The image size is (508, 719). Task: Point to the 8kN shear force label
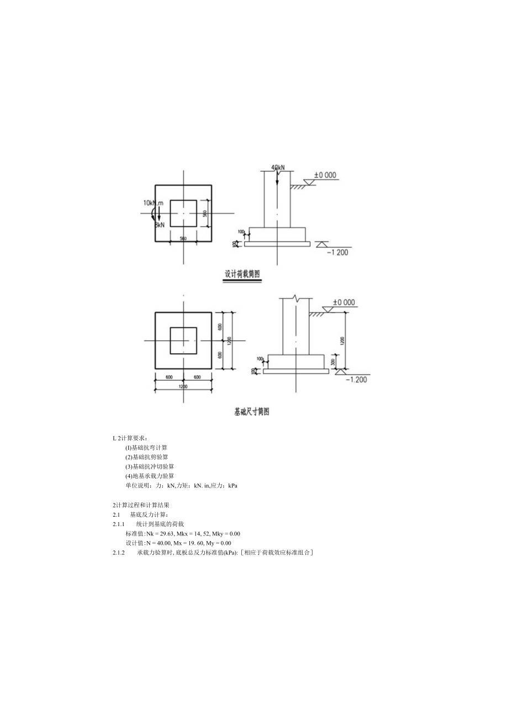[160, 225]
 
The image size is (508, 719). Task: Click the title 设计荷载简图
[242, 274]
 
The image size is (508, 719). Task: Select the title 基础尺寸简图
[252, 412]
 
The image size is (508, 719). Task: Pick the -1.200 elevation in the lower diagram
[357, 379]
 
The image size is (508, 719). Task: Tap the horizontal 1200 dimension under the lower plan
[183, 386]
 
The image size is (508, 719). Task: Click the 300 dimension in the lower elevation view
[334, 362]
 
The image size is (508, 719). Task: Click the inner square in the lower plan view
[183, 340]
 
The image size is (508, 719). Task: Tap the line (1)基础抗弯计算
[146, 447]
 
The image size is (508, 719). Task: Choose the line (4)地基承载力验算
[150, 476]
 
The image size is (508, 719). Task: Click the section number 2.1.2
[119, 552]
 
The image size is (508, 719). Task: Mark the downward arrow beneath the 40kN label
[278, 179]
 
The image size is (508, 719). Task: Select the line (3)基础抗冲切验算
[150, 466]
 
